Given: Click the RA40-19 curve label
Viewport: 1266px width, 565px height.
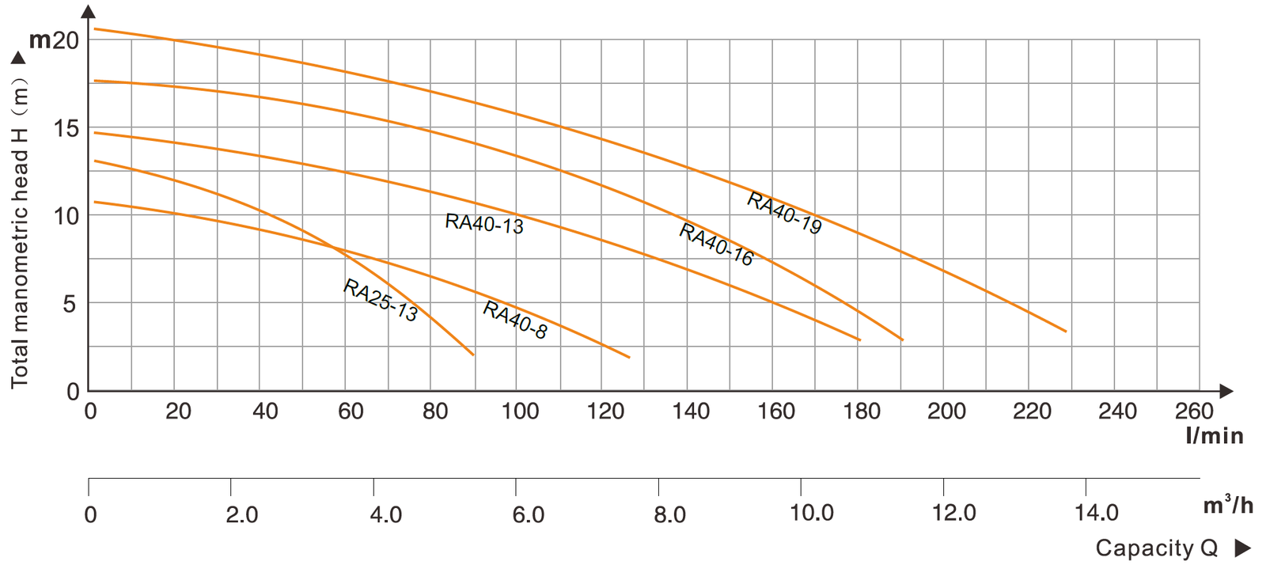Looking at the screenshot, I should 784,214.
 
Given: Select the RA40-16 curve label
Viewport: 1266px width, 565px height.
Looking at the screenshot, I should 716,245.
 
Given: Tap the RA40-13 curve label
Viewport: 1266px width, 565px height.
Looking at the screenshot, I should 484,224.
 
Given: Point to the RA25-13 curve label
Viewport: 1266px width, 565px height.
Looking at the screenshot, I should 380,300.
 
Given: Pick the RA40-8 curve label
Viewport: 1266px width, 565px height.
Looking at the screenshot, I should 515,320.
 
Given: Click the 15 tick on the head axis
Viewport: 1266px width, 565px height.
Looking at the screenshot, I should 67,128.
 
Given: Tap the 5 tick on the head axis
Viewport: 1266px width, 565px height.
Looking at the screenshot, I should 70,304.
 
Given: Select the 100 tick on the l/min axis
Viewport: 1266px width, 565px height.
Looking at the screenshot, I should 520,411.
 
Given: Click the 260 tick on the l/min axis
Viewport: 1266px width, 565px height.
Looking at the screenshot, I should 1194,411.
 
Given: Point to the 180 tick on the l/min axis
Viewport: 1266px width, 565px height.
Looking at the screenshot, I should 862,411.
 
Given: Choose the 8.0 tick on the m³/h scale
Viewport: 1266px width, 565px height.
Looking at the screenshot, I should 669,514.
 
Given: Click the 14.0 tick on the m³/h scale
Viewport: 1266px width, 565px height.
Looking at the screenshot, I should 1097,514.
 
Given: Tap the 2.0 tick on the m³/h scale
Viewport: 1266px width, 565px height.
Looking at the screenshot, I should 242,514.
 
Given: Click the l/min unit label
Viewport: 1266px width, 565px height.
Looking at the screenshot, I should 1214,436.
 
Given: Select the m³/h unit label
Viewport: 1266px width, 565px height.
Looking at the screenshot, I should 1228,505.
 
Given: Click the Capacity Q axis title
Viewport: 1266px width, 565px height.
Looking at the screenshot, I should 1156,548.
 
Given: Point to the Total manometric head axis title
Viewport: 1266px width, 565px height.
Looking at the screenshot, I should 20,233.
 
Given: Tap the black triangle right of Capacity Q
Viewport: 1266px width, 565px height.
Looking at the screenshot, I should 1242,548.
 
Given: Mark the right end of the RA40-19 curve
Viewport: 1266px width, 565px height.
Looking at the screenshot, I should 1066,331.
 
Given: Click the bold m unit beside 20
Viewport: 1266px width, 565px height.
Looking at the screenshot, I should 40,40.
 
